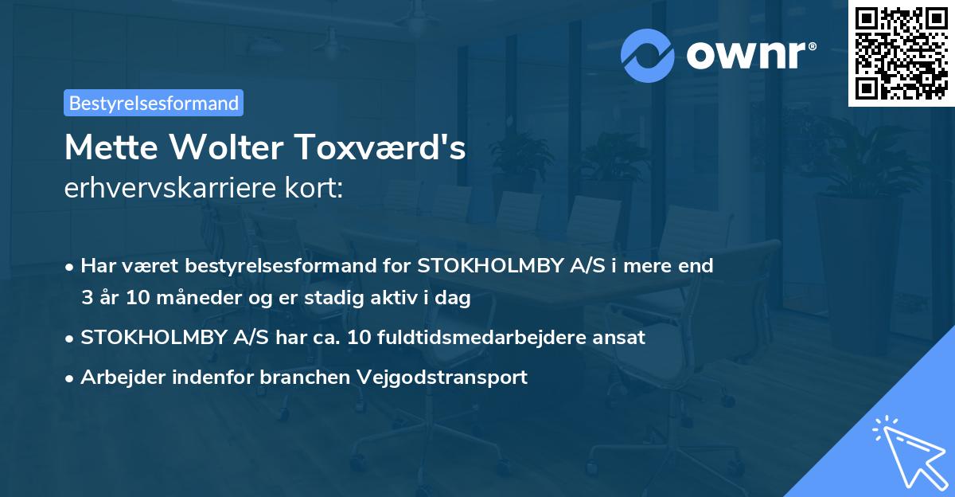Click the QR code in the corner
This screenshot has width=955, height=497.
coord(902,53)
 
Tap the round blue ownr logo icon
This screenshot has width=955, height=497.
coord(648,56)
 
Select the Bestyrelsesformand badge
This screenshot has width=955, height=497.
coord(154,103)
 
